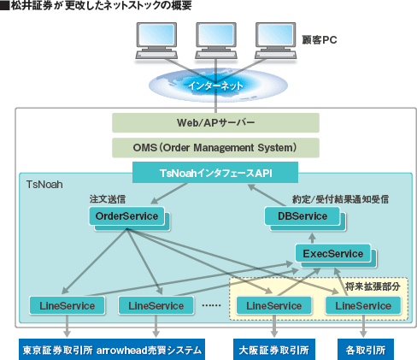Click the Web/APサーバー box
[215, 122]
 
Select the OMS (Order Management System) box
[215, 148]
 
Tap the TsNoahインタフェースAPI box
[215, 173]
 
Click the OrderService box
[126, 216]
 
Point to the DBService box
[302, 216]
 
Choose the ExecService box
[333, 253]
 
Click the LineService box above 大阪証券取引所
[274, 306]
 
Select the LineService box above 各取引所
[363, 306]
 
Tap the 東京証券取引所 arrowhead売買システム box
[112, 350]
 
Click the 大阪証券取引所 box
[274, 350]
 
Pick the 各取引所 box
[366, 350]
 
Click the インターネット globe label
[215, 86]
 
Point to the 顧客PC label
[320, 40]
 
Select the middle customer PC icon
[216, 40]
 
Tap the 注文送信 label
[108, 199]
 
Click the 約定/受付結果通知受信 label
[341, 199]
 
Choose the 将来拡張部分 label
[373, 286]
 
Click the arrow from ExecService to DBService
[313, 238]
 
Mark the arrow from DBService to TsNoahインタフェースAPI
[267, 195]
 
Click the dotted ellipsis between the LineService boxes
[211, 305]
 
